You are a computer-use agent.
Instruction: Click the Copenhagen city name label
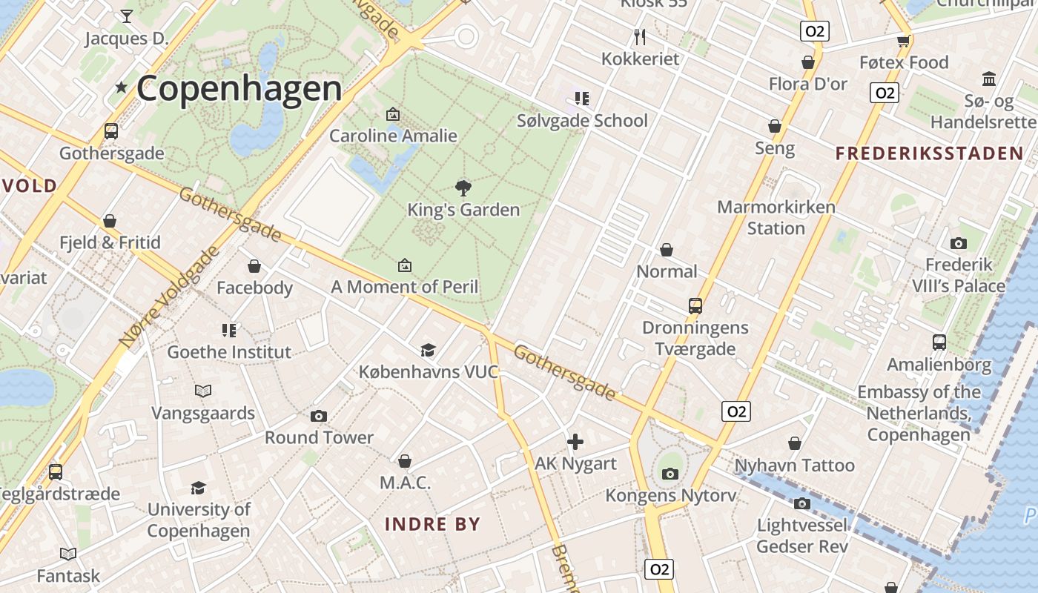pos(239,88)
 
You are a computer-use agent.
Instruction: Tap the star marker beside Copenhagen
pos(122,87)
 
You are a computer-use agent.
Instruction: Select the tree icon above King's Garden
pos(463,188)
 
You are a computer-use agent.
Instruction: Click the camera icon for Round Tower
pos(319,416)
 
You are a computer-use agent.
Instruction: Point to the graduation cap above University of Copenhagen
pos(198,488)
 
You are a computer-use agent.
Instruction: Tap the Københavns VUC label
pos(429,371)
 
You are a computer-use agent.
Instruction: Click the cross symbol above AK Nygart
pos(575,443)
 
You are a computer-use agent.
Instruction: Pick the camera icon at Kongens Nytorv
pos(670,474)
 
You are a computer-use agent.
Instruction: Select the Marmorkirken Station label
pos(776,217)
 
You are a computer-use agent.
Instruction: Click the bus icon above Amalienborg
pos(939,342)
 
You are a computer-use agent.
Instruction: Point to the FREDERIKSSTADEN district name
pos(930,153)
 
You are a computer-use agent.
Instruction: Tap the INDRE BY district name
pos(433,524)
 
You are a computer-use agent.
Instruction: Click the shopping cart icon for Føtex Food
pos(903,41)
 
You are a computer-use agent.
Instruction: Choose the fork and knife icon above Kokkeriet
pos(640,36)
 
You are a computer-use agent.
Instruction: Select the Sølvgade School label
pos(582,120)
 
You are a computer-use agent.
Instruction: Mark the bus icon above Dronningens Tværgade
pos(695,305)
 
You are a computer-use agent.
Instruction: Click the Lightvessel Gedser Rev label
pos(802,536)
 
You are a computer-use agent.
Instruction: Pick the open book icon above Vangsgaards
pos(203,391)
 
